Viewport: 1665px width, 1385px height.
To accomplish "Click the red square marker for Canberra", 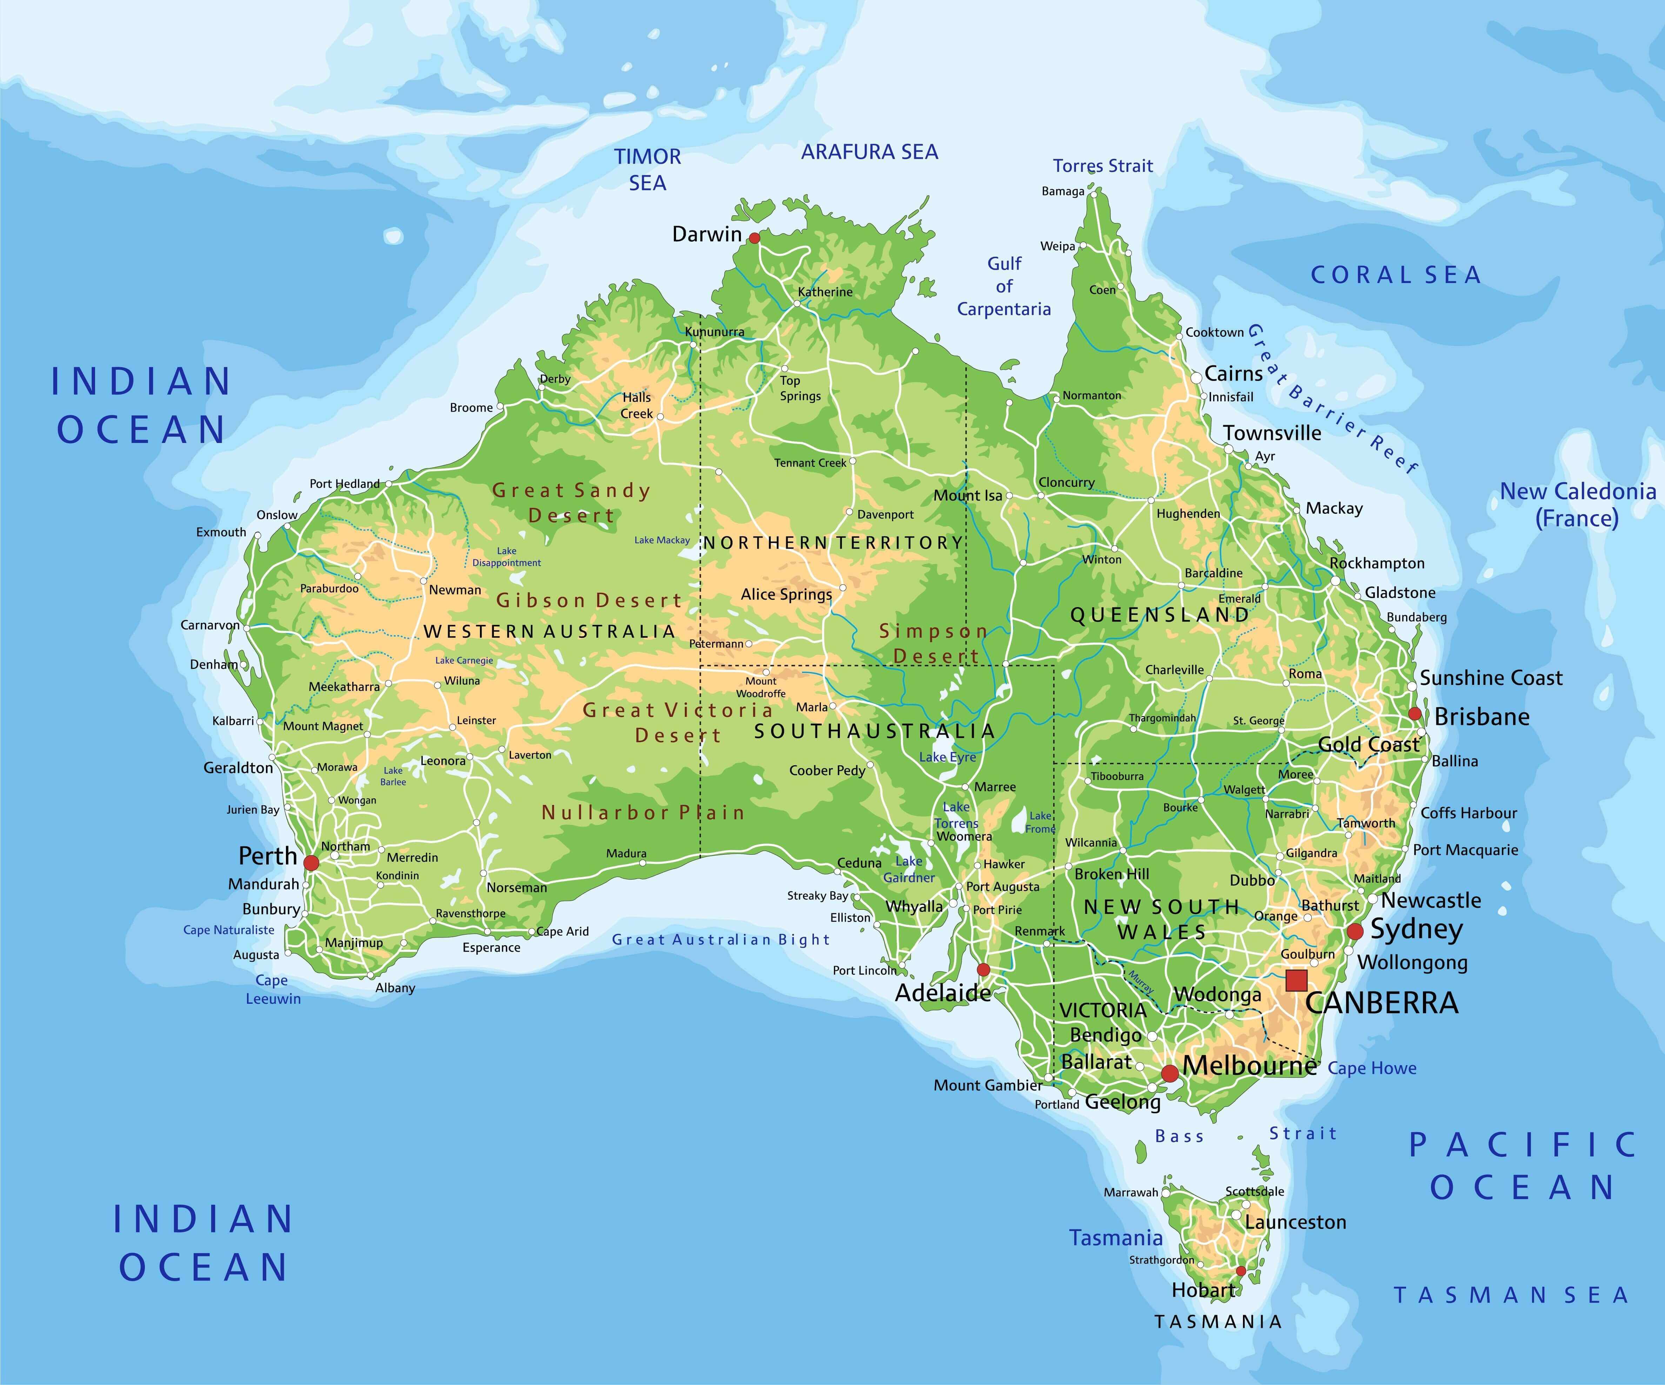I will [1296, 981].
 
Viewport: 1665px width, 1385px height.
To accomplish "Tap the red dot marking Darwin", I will [754, 238].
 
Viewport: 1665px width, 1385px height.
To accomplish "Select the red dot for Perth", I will [311, 862].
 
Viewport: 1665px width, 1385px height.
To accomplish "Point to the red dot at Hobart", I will [1241, 1272].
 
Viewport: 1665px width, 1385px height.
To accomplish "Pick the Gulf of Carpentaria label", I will [1004, 286].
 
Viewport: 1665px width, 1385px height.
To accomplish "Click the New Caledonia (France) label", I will [1577, 504].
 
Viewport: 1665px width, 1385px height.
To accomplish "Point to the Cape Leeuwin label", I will [273, 989].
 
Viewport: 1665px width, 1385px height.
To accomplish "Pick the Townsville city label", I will [1272, 433].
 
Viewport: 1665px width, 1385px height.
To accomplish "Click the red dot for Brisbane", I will [1415, 713].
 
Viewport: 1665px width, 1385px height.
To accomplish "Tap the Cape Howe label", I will [1372, 1068].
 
